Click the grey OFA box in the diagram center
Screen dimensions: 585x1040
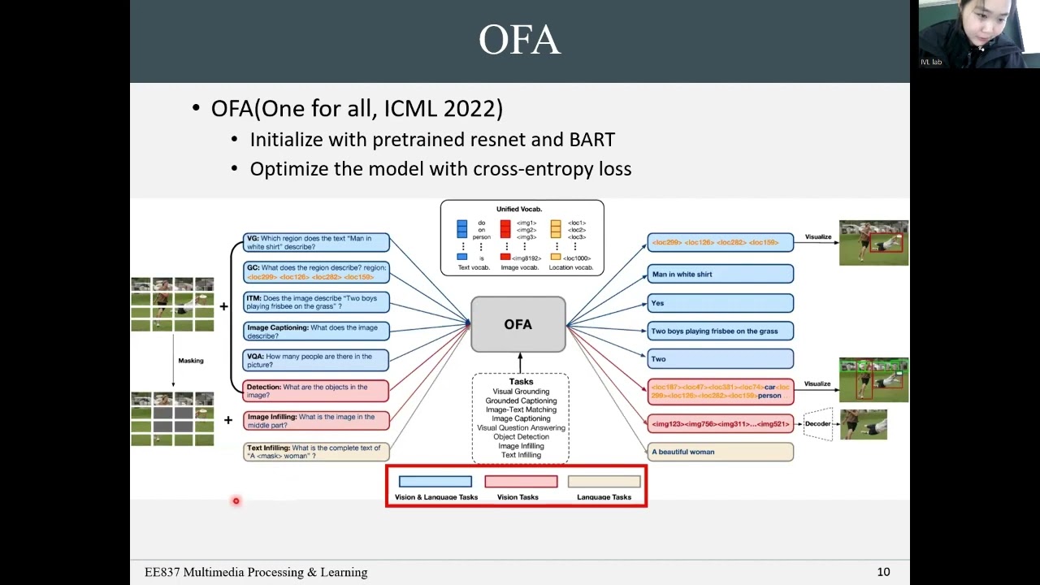point(518,324)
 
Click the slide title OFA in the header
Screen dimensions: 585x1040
point(519,40)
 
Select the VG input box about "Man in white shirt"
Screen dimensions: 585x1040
point(317,242)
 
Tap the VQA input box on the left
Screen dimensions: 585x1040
point(317,360)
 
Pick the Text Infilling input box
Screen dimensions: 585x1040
point(317,452)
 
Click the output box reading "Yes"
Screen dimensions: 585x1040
point(720,303)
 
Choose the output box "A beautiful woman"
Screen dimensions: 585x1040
point(720,452)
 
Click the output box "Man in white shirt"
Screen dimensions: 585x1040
point(720,275)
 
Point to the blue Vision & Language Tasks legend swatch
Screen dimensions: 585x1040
point(435,482)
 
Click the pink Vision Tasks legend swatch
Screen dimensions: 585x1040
point(521,482)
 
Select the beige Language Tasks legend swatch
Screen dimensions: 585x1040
point(604,482)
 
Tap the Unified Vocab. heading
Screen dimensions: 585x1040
point(519,210)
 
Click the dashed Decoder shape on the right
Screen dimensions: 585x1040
point(818,423)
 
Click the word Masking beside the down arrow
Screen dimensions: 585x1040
point(191,361)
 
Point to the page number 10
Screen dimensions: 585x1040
point(883,572)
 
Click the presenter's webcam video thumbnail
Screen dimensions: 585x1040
point(979,34)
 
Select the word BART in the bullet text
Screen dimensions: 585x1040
point(591,140)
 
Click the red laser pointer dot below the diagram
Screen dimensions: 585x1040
point(236,501)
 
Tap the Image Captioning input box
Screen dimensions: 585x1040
point(317,331)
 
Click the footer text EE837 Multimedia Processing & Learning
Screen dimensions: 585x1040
point(256,572)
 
